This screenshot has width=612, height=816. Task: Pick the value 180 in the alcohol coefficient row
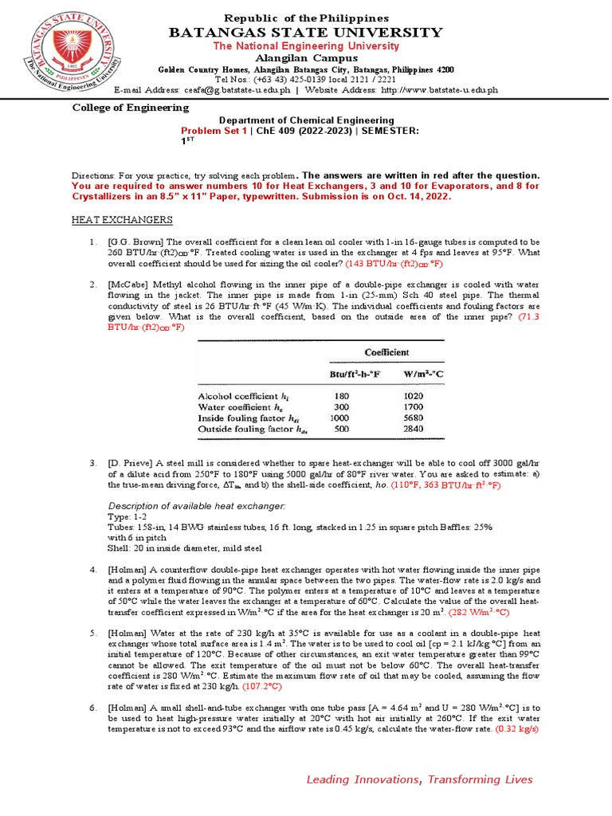coord(342,394)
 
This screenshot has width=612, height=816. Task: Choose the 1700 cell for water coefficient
coord(415,405)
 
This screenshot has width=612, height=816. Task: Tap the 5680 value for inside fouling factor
coord(415,416)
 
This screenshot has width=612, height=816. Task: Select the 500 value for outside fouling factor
coord(342,427)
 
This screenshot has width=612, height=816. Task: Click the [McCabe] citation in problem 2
coord(130,284)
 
